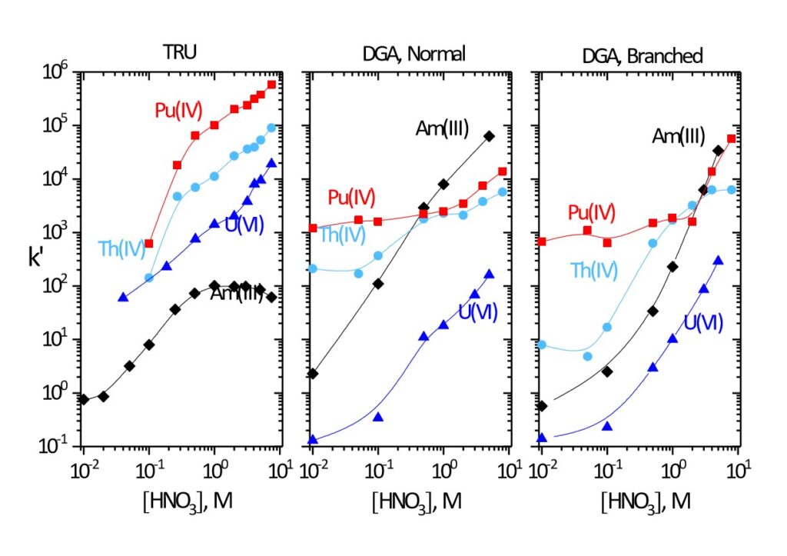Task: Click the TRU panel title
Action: (181, 54)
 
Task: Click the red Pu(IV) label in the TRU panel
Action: (178, 109)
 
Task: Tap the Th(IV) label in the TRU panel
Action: (121, 248)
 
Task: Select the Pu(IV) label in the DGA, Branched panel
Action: (593, 212)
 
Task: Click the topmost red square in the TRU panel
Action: (271, 85)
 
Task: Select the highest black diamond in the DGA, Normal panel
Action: (489, 136)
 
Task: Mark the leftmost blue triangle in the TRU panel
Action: (123, 297)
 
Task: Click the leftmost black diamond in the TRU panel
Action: (84, 399)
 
